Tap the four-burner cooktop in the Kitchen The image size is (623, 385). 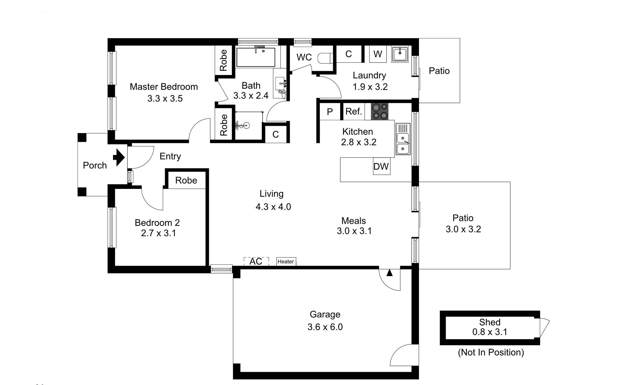380,112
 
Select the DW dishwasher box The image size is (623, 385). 381,166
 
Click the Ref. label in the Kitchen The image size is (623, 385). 354,111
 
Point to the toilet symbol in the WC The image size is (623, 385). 325,58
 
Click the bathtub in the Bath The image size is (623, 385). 256,57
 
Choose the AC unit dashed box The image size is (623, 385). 256,261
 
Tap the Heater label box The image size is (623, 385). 286,261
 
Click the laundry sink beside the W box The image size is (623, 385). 400,54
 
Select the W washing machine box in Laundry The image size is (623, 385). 378,54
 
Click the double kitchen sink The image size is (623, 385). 403,139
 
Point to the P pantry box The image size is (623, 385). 330,111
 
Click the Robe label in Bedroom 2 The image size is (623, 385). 186,180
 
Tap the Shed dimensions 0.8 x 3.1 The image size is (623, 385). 490,332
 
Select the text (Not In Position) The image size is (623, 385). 491,352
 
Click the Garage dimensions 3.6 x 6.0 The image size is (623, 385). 325,327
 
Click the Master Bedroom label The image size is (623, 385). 164,87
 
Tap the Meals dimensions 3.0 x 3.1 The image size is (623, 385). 354,231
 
